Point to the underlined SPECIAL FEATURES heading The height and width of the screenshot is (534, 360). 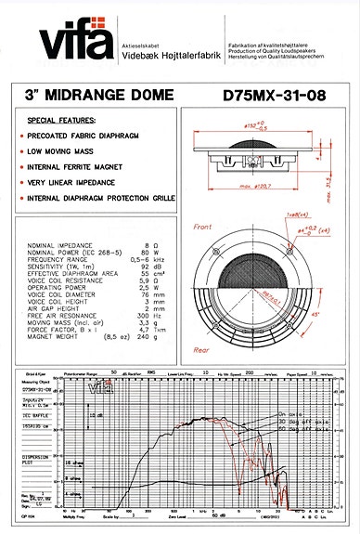click(x=61, y=121)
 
